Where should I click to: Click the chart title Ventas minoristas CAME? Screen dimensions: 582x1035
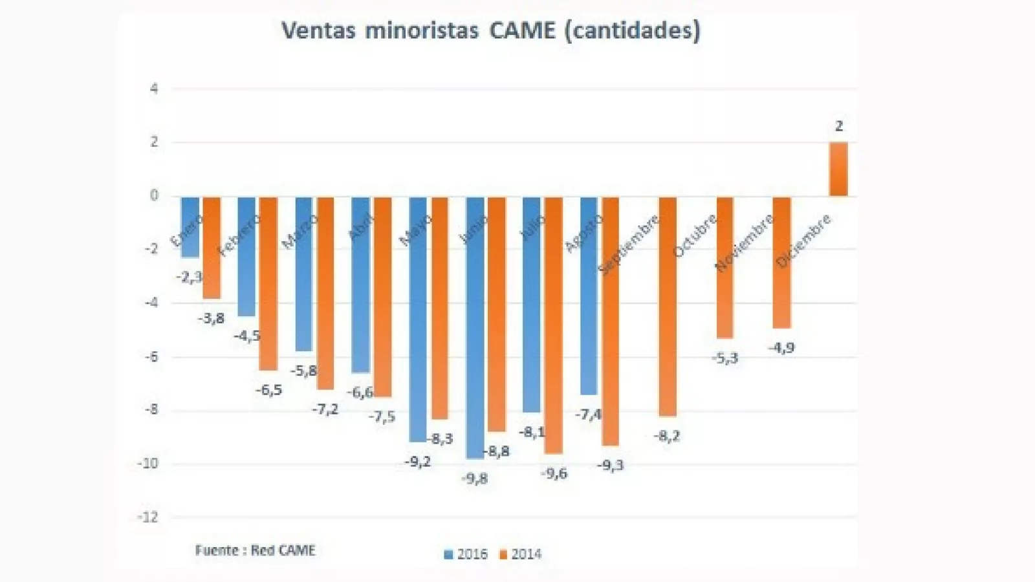pos(490,30)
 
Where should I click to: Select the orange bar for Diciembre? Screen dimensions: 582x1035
pos(838,169)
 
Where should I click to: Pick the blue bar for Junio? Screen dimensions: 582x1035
pos(475,327)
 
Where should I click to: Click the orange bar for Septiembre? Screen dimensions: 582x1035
pos(667,306)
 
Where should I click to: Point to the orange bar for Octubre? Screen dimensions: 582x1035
pos(724,267)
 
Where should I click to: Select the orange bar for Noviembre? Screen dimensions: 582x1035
pos(781,262)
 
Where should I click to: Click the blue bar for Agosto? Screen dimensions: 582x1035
pos(589,296)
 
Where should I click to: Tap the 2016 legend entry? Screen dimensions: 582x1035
pos(466,554)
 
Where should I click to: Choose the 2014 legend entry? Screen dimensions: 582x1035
pos(520,554)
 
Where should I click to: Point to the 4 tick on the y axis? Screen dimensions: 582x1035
pos(154,89)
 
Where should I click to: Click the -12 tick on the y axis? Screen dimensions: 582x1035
pos(148,517)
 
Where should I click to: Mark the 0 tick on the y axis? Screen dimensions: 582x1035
pos(154,195)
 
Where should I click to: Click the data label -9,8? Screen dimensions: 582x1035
pos(475,479)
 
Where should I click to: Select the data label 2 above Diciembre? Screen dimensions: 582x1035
pos(839,126)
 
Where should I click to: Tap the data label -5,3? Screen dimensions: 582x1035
pos(724,358)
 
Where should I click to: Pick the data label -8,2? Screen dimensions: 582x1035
pos(667,436)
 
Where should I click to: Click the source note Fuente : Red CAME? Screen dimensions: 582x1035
pos(255,550)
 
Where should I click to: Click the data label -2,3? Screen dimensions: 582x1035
pos(190,277)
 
